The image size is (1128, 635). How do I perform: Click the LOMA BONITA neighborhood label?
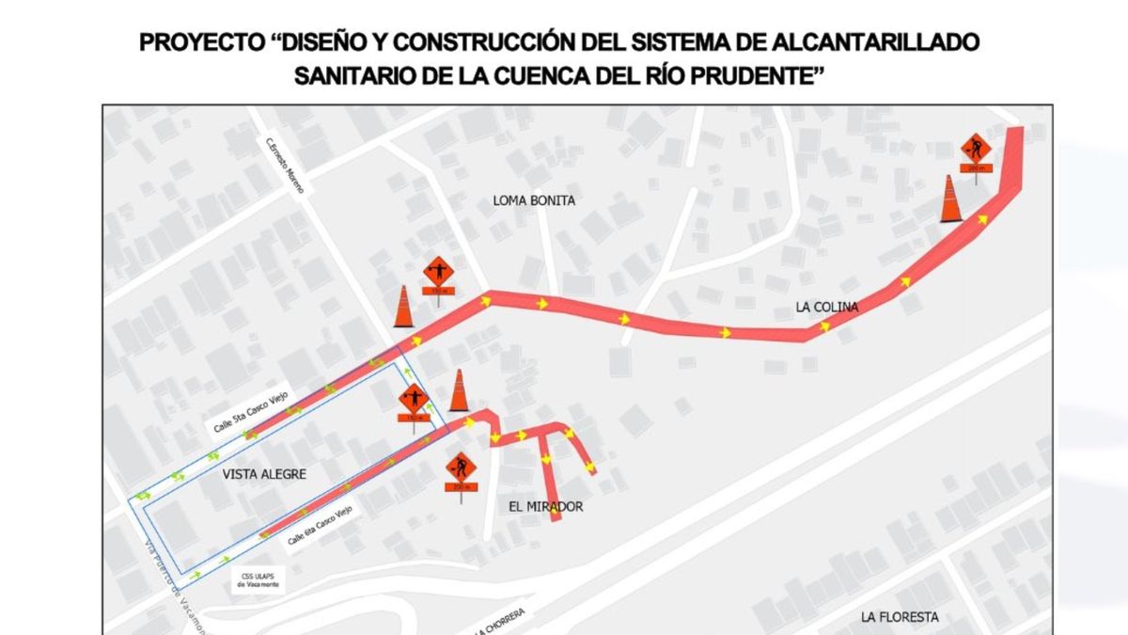[x=534, y=200]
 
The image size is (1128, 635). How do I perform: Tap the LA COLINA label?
[x=826, y=307]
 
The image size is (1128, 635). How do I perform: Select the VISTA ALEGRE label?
[x=264, y=474]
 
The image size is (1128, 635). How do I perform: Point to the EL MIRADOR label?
[x=545, y=507]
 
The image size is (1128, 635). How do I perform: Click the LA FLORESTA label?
[x=899, y=617]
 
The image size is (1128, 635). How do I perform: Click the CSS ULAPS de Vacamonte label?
[x=257, y=580]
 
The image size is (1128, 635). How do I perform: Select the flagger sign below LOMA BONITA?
[x=437, y=274]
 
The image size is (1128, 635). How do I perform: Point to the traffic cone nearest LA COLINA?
[x=951, y=198]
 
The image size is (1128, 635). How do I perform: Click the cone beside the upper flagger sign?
[x=403, y=307]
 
